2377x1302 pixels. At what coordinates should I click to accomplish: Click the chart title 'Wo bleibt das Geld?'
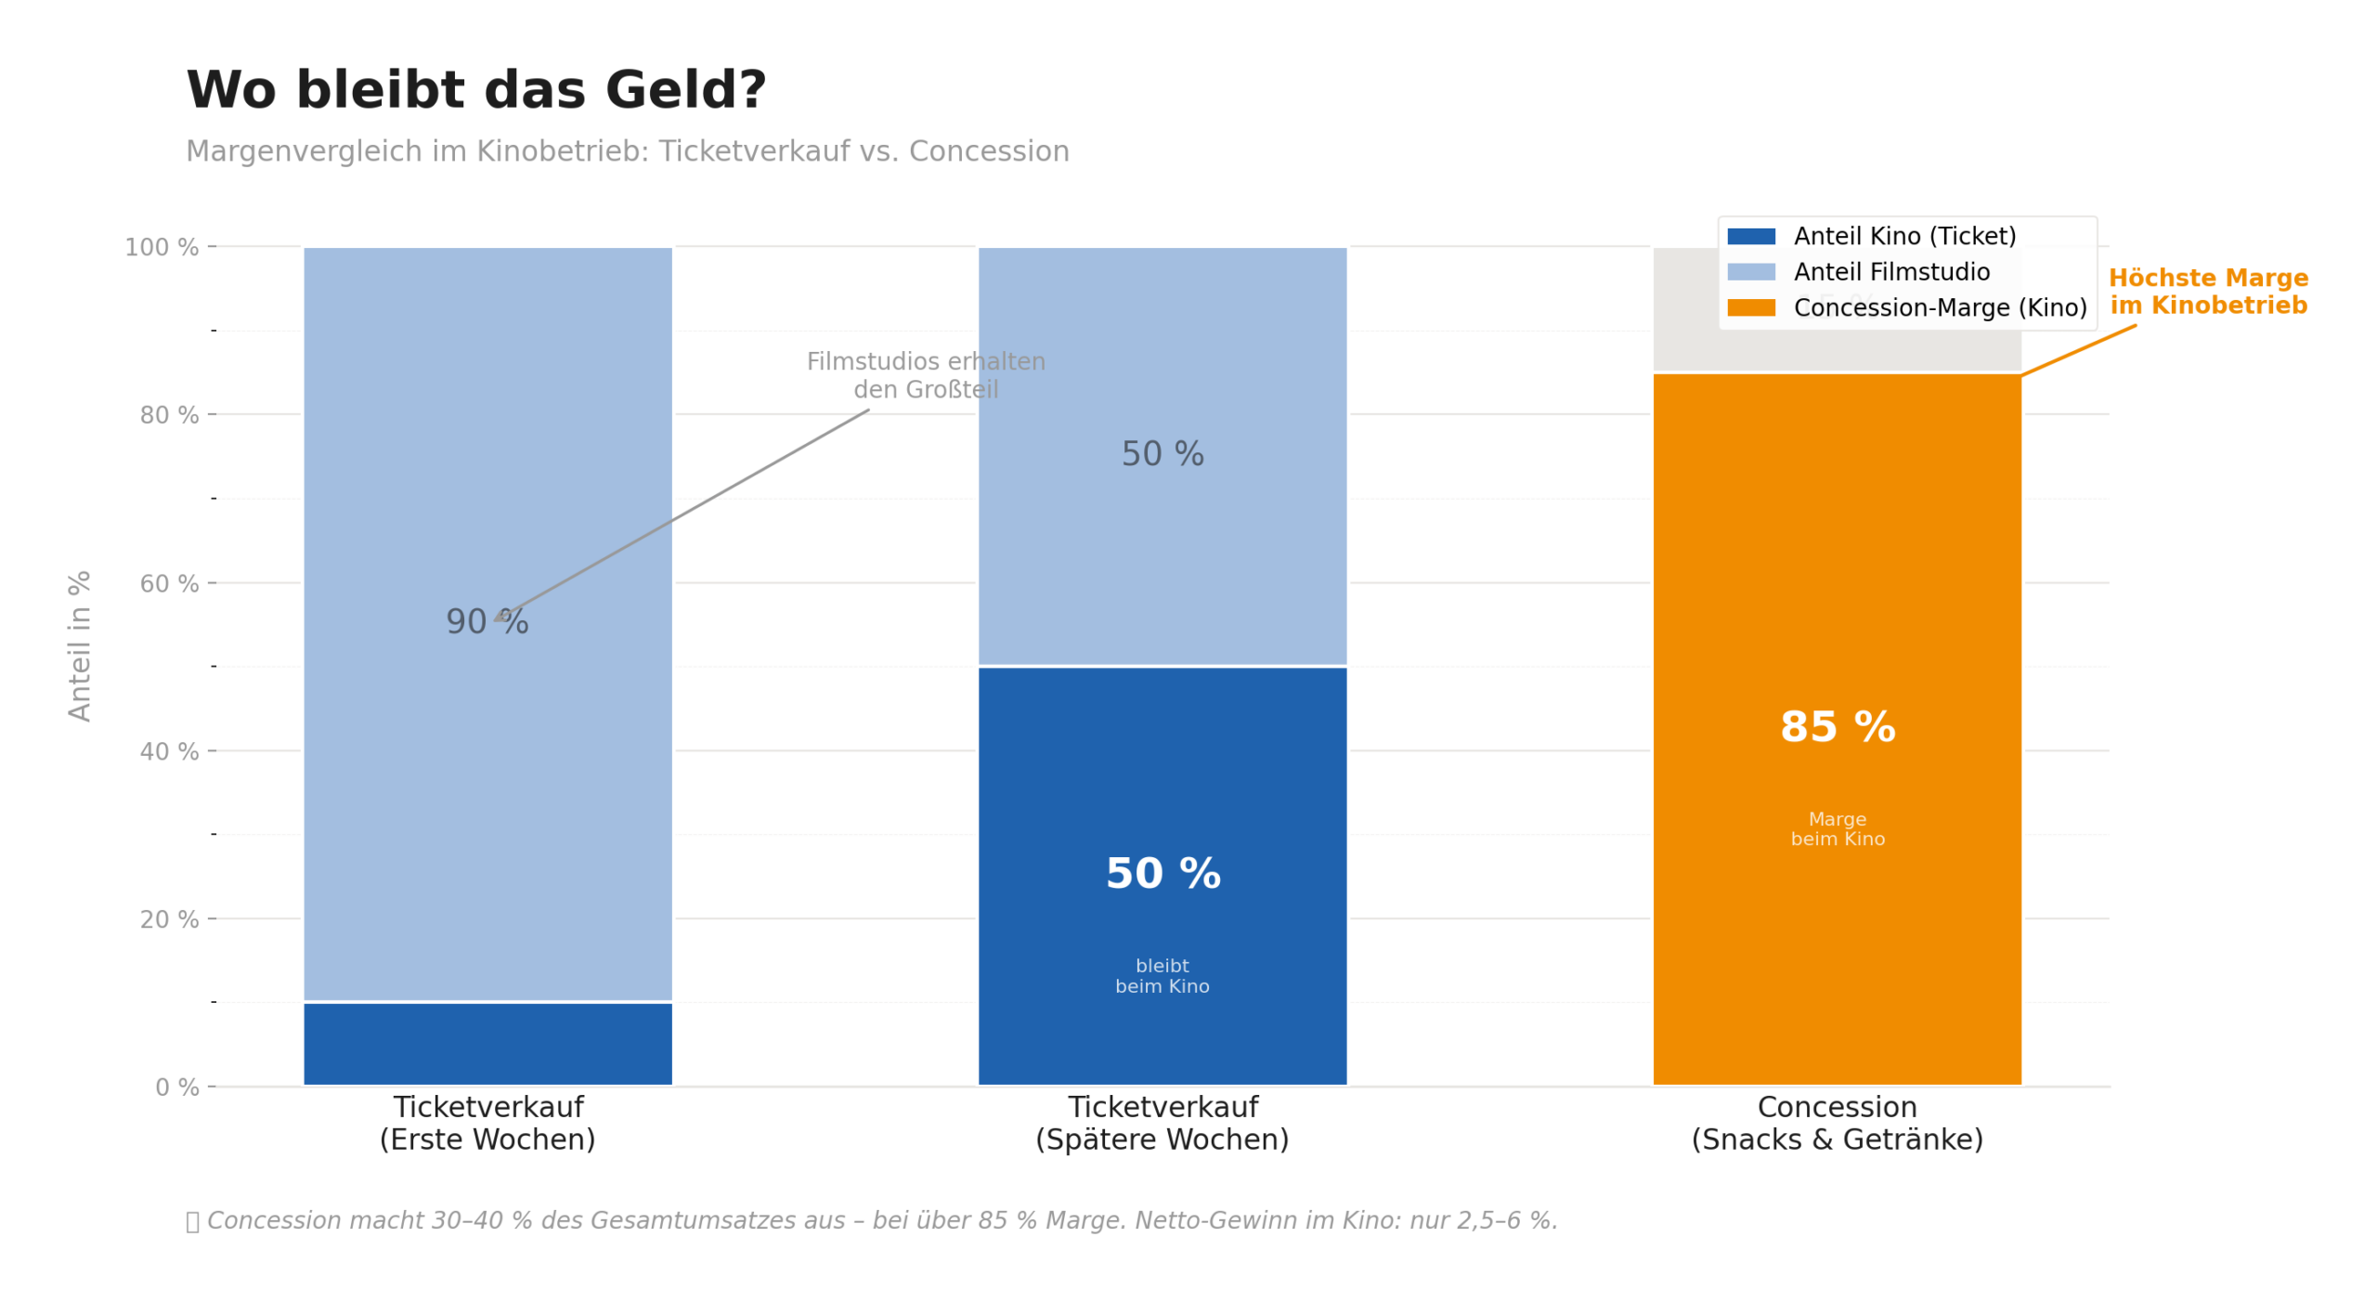coord(475,90)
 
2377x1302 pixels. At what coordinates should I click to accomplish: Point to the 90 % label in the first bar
coord(486,620)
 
